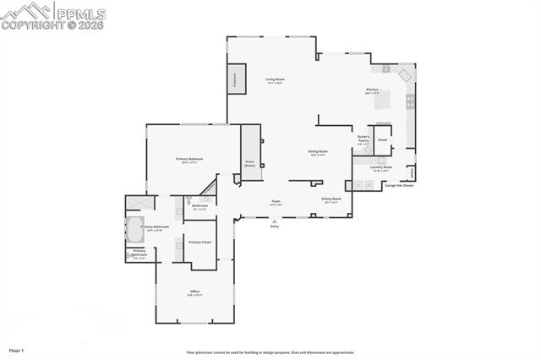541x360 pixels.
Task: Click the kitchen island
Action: pyautogui.click(x=382, y=100)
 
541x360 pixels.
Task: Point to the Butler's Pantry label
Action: pyautogui.click(x=363, y=139)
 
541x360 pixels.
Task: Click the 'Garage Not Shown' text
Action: pyautogui.click(x=399, y=185)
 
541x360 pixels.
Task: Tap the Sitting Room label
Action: pyautogui.click(x=331, y=200)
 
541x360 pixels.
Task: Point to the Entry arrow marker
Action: pyautogui.click(x=274, y=221)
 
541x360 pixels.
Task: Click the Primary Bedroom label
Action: pyautogui.click(x=189, y=161)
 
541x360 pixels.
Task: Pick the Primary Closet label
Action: pyautogui.click(x=199, y=243)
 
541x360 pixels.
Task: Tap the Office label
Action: pyautogui.click(x=194, y=293)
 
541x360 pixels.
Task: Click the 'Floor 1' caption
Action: pyautogui.click(x=17, y=350)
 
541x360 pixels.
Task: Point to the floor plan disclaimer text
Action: pyautogui.click(x=270, y=352)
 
